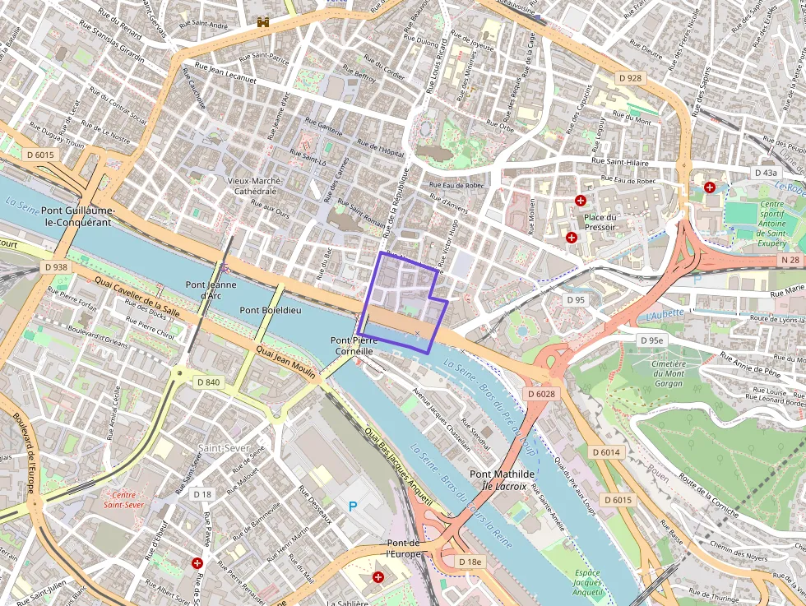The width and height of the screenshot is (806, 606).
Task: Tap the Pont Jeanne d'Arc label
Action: (211, 290)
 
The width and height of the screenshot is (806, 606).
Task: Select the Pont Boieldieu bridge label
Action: (270, 310)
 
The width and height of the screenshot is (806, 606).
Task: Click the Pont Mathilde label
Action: (502, 474)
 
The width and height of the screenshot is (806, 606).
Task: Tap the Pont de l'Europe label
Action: (404, 548)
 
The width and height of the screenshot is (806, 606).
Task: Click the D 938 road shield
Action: (56, 267)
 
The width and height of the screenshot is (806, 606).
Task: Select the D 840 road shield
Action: (208, 382)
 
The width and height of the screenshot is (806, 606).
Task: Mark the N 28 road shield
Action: (790, 260)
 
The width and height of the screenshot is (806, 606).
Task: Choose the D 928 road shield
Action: (629, 78)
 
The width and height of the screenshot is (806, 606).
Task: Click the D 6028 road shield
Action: (541, 394)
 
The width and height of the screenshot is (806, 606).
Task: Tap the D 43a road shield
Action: (765, 173)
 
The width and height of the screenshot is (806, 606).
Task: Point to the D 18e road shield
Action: (470, 562)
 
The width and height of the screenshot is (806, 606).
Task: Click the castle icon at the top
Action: (263, 22)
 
